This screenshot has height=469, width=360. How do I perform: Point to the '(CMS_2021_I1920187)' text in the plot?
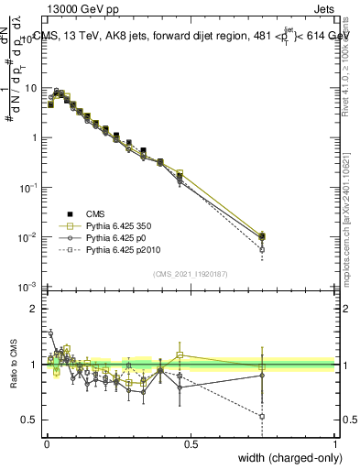pyautogui.click(x=191, y=273)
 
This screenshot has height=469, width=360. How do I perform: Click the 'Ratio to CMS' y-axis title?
pyautogui.click(x=11, y=364)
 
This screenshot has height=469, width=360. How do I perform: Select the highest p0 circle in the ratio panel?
pyautogui.click(x=50, y=333)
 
